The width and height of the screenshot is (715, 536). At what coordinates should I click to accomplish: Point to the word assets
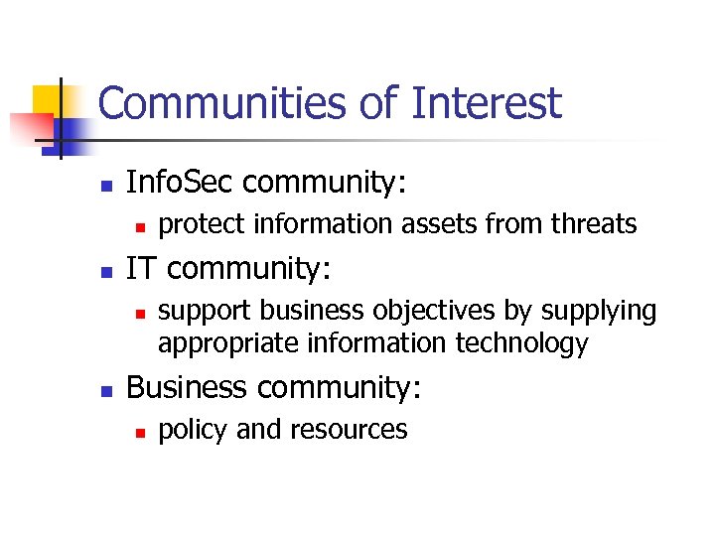coord(442,225)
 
